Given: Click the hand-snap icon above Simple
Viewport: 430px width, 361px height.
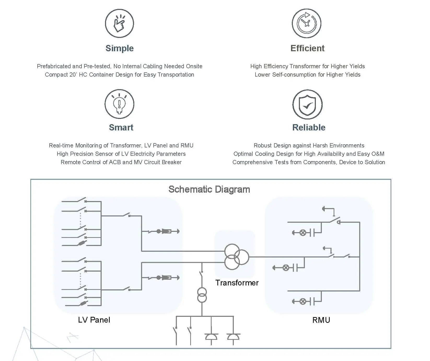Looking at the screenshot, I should tap(119, 23).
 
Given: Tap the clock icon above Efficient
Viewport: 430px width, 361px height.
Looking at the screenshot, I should tap(306, 23).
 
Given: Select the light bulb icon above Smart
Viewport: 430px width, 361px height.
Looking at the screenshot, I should tap(119, 104).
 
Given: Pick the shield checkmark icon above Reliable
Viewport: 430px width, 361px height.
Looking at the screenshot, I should tap(307, 105).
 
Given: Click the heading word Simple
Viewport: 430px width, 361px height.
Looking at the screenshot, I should tap(119, 48).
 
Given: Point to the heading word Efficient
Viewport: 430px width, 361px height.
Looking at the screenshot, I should tap(307, 48).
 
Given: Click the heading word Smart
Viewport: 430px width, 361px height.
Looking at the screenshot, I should tap(121, 128).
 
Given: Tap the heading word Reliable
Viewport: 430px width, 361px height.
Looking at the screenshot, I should tap(309, 128).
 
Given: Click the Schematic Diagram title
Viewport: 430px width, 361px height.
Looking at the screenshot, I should tap(209, 189).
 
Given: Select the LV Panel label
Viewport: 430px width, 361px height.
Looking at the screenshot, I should tap(94, 320).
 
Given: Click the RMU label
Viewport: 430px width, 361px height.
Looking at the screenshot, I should tap(321, 320).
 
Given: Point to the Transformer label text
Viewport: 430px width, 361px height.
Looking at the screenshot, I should tap(237, 283).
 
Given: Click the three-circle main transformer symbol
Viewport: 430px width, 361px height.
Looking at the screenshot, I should tap(236, 257).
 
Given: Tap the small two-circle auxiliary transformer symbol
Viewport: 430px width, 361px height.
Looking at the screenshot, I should tap(202, 295).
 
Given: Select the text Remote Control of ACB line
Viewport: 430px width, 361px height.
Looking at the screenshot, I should tap(121, 162).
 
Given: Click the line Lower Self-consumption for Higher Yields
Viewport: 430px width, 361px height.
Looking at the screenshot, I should tap(307, 75).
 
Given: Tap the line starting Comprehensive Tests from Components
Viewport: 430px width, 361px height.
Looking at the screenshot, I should tap(309, 162).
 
